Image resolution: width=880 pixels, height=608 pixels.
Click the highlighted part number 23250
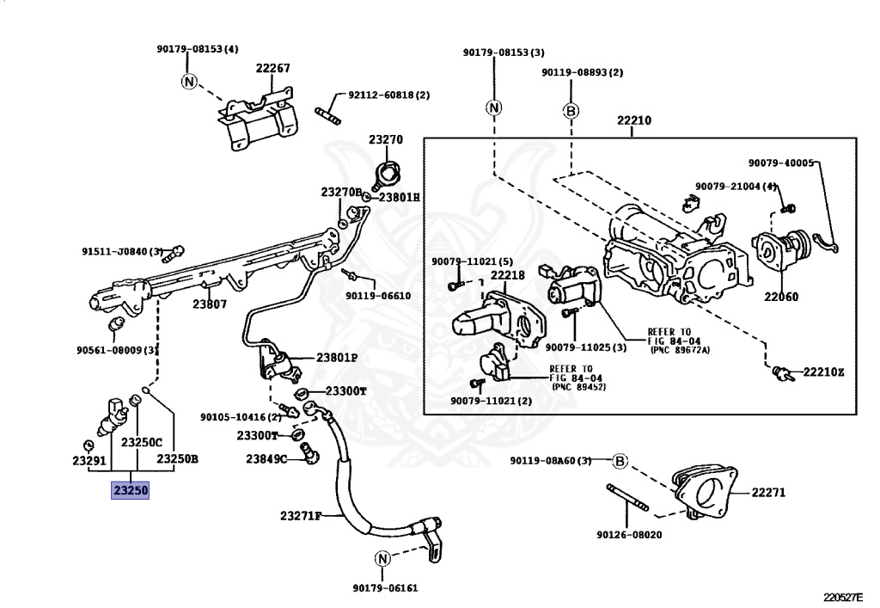click(x=131, y=490)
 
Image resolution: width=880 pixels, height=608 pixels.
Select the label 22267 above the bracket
click(x=272, y=68)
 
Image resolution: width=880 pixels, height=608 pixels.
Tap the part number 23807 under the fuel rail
click(x=210, y=304)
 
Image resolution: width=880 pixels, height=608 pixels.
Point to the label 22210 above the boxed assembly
click(x=634, y=120)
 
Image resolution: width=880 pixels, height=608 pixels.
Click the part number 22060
click(x=780, y=297)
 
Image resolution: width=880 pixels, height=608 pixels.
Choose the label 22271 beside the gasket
click(x=768, y=493)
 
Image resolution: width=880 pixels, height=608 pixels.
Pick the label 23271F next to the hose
click(x=301, y=515)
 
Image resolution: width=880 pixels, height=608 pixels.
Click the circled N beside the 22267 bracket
click(x=190, y=82)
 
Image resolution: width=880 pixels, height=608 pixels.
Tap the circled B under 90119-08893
click(x=571, y=111)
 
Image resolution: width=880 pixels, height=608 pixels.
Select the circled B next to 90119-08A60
click(x=619, y=462)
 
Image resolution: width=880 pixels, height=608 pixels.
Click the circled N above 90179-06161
click(x=382, y=559)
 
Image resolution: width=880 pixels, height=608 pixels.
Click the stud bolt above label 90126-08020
click(x=627, y=497)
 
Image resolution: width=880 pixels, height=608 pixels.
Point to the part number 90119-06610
click(x=378, y=295)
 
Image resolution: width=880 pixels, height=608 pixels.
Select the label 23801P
click(x=337, y=358)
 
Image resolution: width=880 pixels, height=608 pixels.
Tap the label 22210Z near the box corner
click(x=823, y=372)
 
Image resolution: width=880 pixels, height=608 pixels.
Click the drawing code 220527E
click(x=842, y=597)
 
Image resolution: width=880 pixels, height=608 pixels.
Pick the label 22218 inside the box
click(x=507, y=275)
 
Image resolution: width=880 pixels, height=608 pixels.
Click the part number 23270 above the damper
click(x=386, y=139)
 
